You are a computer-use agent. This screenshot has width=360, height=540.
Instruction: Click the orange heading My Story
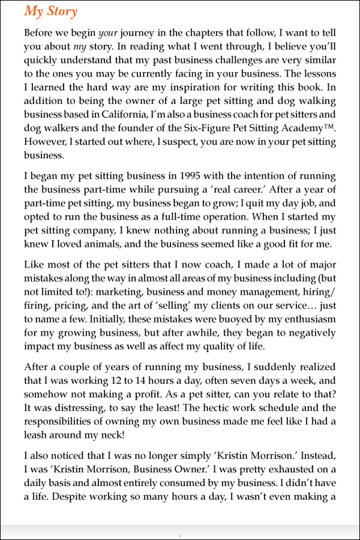pos(50,11)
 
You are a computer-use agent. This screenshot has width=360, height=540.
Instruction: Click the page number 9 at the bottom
pos(179,534)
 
